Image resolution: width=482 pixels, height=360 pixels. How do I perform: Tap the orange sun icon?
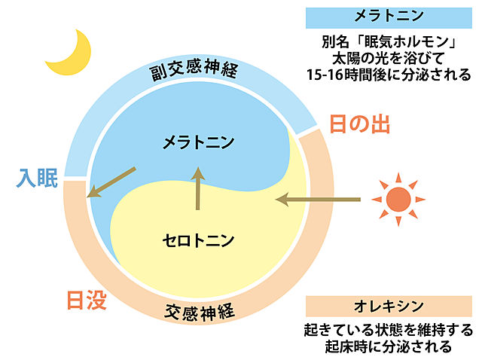point(398,200)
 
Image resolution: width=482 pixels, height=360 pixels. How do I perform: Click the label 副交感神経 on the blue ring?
point(194,70)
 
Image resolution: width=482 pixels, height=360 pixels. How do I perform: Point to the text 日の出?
point(360,124)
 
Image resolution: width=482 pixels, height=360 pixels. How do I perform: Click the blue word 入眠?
point(37,178)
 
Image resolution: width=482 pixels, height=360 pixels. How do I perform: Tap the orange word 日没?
point(87,300)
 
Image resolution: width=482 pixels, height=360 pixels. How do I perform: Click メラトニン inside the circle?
point(198,142)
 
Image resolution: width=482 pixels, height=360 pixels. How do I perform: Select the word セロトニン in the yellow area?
point(198,240)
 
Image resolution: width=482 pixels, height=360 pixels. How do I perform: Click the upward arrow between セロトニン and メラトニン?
point(198,188)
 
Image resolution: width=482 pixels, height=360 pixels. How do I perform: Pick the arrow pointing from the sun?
point(318,200)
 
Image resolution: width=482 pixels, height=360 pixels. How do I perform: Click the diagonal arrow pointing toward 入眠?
point(111,182)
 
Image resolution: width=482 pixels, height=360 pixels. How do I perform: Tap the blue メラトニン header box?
point(389,18)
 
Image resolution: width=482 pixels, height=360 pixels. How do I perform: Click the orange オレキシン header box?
point(389,307)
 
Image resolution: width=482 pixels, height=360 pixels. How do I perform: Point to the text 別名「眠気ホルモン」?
point(389,42)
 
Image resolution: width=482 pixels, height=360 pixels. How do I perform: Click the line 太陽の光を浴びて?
point(389,58)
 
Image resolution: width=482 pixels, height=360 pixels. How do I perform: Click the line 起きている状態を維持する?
point(389,331)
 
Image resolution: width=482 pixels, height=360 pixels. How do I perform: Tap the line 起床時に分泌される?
point(389,346)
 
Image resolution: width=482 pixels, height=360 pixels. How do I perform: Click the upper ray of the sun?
point(398,178)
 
